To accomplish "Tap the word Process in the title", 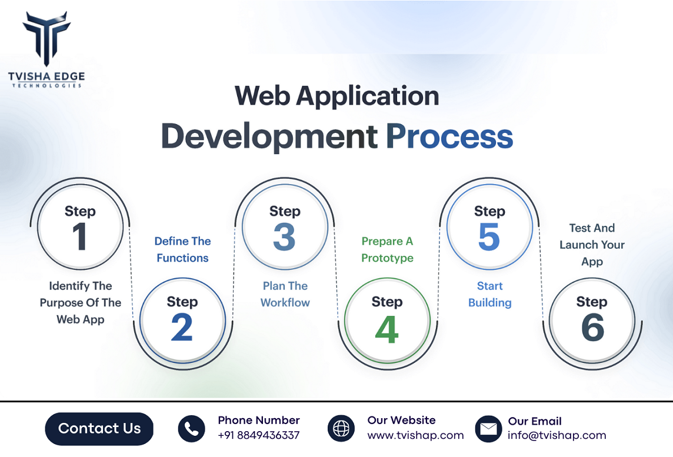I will [449, 136].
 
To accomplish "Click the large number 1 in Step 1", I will [79, 237].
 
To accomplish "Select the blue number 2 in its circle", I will [182, 328].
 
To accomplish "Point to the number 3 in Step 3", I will [285, 237].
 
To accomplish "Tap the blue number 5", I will [489, 237].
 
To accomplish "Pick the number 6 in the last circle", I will [592, 328].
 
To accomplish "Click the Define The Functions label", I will [182, 249].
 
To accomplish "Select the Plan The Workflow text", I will [285, 294].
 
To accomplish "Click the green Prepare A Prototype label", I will [387, 249].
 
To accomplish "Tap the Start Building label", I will [489, 294].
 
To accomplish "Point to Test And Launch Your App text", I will [592, 245].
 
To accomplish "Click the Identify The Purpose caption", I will [81, 302].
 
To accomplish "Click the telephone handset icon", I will [191, 429].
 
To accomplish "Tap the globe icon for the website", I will [341, 429].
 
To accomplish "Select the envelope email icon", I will [488, 429].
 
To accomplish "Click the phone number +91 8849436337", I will [259, 435].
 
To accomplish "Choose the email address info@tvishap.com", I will [557, 435].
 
